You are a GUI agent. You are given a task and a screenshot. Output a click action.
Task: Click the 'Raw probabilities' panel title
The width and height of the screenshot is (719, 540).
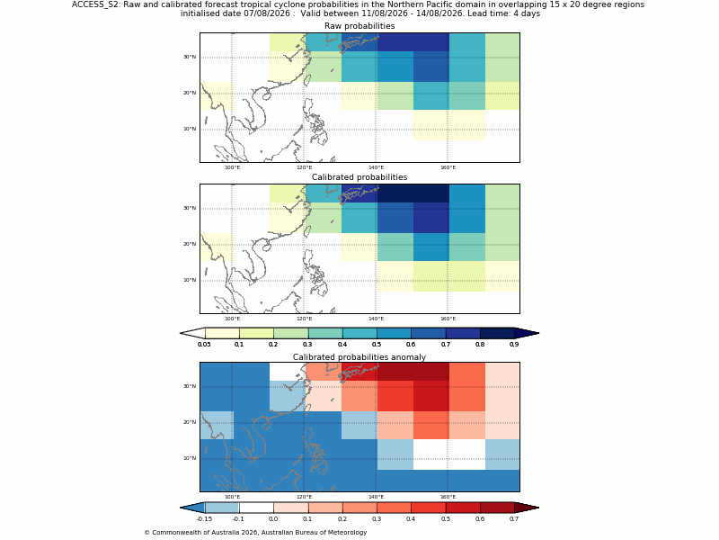coord(359,26)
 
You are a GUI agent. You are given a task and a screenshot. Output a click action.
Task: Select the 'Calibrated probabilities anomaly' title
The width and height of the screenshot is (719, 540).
coord(359,357)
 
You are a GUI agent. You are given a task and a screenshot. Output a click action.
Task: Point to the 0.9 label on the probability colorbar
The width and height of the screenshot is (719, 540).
coord(514,345)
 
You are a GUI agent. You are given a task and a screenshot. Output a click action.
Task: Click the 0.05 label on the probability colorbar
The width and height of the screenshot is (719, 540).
coord(204,345)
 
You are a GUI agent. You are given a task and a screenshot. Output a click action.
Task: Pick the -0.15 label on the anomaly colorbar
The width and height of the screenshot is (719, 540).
coord(204,519)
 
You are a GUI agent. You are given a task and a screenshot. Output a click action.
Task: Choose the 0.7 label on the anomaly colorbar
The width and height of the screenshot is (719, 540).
coord(514,519)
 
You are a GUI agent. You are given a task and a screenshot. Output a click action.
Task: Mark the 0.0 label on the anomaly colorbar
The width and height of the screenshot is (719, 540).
coord(273,519)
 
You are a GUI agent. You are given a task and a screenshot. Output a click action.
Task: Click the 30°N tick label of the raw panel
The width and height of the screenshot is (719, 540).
coord(190,57)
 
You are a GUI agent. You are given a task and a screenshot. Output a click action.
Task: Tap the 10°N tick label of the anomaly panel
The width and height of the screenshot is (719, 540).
coord(190,458)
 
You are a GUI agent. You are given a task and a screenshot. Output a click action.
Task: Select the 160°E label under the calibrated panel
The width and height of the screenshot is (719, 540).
coord(448,319)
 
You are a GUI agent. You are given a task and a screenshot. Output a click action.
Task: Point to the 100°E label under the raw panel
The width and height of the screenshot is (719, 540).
coord(232,167)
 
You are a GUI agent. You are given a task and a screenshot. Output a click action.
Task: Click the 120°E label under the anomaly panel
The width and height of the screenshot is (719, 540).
coord(304,497)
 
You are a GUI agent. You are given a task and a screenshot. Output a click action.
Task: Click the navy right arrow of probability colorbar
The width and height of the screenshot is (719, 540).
coord(526,333)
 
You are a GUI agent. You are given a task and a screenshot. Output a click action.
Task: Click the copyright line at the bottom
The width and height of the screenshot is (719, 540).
coord(255,533)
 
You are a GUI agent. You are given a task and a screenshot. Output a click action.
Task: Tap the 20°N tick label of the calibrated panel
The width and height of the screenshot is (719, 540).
coord(190,244)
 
